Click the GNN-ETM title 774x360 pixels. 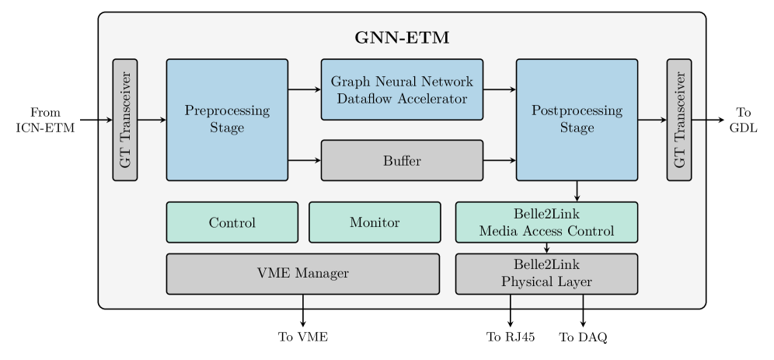[x=402, y=38]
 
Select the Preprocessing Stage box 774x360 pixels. [x=227, y=120]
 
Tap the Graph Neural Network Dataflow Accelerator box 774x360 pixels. [x=402, y=90]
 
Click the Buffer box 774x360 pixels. [x=402, y=160]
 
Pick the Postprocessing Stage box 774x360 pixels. [x=577, y=120]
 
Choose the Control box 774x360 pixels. [x=232, y=222]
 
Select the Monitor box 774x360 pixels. [x=375, y=222]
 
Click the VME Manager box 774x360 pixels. [x=303, y=274]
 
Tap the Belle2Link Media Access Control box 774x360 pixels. [x=546, y=222]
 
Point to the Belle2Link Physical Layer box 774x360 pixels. [x=546, y=274]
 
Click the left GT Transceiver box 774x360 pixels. [x=125, y=120]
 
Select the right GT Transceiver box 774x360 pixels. [x=679, y=120]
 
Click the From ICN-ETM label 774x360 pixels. [x=45, y=120]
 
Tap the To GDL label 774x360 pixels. [x=743, y=120]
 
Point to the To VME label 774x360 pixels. [x=303, y=337]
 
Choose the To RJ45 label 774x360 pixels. [x=511, y=337]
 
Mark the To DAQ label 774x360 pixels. [x=583, y=337]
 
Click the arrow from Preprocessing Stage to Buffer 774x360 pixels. [x=305, y=160]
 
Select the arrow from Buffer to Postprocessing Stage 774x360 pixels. [x=500, y=160]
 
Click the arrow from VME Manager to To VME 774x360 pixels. [x=303, y=311]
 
